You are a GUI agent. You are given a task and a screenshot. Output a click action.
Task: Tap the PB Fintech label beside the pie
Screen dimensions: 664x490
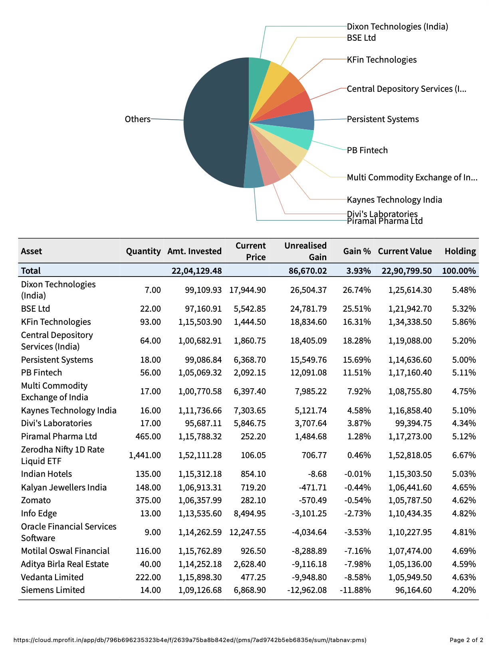(367, 150)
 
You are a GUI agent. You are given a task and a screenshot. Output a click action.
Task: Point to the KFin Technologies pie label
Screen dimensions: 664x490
(381, 60)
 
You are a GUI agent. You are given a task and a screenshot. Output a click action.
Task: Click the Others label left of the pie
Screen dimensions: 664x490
(137, 119)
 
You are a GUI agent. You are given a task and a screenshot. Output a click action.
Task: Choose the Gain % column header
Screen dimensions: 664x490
(357, 251)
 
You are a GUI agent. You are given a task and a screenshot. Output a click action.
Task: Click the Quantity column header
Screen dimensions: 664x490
(143, 251)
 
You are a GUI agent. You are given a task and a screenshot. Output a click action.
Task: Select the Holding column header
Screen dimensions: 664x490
(460, 251)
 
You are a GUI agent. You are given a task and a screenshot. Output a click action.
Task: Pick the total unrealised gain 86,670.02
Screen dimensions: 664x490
(307, 271)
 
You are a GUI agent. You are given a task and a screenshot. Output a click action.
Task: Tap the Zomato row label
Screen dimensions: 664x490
(36, 500)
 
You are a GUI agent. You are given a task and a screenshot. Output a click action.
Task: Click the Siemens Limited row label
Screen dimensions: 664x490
(53, 590)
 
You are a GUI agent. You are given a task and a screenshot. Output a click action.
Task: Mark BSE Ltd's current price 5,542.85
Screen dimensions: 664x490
(250, 309)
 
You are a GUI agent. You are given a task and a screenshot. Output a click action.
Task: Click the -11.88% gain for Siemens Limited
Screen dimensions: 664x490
(355, 590)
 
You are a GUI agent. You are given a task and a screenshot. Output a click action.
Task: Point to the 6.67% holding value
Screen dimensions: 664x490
(464, 455)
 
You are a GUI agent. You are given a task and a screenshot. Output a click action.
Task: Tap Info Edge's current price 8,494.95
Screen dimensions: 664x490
(250, 514)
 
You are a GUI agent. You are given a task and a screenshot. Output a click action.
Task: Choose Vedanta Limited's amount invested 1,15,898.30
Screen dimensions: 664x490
(200, 577)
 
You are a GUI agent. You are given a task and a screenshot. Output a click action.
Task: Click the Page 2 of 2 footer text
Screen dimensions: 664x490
(466, 640)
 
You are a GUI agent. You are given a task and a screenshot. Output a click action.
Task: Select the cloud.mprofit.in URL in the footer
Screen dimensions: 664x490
(190, 640)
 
